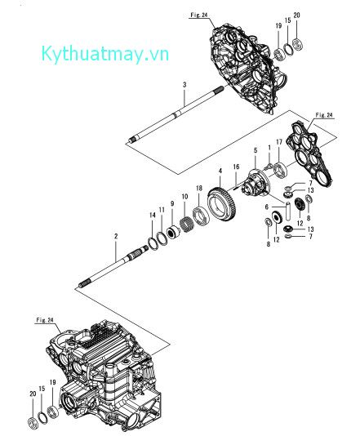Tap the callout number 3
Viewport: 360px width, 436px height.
tap(184, 85)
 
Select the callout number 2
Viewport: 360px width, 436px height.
tap(116, 236)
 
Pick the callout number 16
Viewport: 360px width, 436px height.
tap(237, 166)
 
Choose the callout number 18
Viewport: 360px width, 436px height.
tap(199, 188)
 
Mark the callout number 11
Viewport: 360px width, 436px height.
tap(162, 211)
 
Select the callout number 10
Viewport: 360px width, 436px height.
tap(184, 198)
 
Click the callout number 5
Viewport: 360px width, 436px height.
tap(255, 150)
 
